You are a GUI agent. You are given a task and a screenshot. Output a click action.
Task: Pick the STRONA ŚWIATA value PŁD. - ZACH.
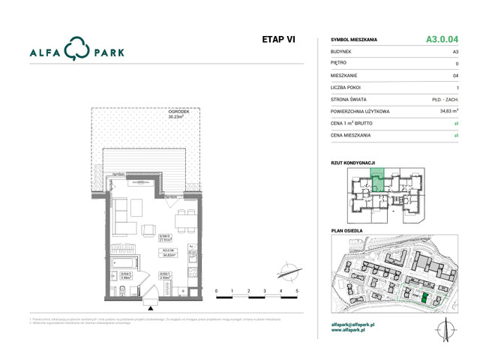click(x=445, y=100)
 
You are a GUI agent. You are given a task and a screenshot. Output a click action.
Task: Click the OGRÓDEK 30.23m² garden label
click(x=177, y=114)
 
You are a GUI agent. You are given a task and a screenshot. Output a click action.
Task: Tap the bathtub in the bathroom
click(x=124, y=262)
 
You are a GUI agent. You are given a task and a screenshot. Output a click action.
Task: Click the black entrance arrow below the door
click(x=152, y=307)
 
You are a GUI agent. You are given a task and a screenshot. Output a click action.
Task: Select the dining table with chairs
click(x=184, y=220)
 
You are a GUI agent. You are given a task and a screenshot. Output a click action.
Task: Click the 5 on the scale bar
click(x=297, y=289)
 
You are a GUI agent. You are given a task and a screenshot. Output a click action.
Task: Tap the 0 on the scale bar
click(x=216, y=289)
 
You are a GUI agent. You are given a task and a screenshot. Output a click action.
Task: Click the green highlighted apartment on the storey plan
click(x=379, y=179)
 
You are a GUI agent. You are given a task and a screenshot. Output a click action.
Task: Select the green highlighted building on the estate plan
click(x=424, y=298)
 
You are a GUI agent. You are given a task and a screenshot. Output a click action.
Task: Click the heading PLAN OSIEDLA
click(x=346, y=230)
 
